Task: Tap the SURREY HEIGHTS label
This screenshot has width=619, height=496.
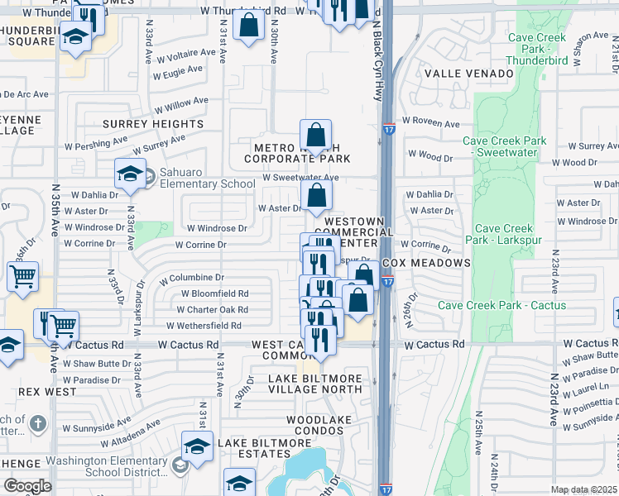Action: pos(153,124)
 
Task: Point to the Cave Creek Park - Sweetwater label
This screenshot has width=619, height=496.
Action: pos(504,147)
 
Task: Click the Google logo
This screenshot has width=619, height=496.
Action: pos(27,485)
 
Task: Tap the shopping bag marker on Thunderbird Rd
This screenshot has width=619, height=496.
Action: pos(249,26)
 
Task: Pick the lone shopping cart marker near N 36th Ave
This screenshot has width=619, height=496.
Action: pos(22,277)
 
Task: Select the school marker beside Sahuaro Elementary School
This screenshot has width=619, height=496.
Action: pos(130,174)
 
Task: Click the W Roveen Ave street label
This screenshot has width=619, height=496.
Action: pos(432,124)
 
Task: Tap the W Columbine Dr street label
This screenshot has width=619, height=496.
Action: pos(197,278)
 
